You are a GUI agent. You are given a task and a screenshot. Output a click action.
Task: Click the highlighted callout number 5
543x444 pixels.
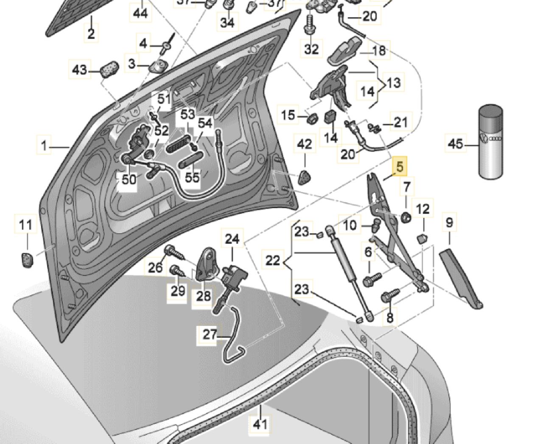400,166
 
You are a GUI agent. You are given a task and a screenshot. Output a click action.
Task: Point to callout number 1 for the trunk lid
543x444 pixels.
44,146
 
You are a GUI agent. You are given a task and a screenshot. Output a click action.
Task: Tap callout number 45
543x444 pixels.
455,144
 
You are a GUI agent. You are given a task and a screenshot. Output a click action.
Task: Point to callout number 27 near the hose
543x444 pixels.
210,334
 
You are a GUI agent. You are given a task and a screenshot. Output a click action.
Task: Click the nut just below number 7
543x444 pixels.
406,217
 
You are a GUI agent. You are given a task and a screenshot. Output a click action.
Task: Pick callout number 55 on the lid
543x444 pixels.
192,177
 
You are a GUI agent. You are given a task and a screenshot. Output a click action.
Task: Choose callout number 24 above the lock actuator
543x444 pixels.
232,239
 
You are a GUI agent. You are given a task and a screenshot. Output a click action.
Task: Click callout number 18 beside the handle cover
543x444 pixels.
379,50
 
